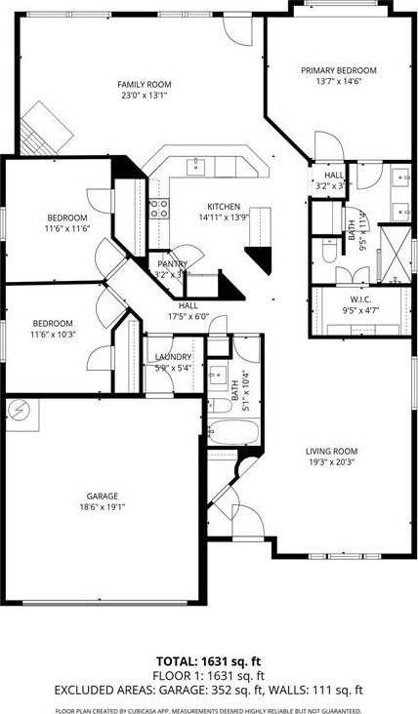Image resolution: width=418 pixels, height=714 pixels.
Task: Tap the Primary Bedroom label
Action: [338, 70]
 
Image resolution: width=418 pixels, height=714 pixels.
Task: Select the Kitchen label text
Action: [224, 206]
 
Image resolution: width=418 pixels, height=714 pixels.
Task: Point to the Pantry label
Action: [173, 264]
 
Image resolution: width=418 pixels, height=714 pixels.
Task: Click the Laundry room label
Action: [174, 357]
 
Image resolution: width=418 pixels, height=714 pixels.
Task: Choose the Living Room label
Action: [331, 452]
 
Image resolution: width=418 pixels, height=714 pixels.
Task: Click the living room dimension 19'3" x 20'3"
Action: [331, 462]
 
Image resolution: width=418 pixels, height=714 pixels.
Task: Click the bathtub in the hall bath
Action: [234, 432]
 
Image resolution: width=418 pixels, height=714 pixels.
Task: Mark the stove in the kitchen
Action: [158, 207]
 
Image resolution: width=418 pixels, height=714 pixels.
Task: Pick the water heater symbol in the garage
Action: [20, 411]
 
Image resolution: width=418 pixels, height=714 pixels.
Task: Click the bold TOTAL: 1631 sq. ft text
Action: [209, 660]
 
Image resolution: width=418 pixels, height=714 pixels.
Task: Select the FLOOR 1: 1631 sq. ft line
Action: [209, 674]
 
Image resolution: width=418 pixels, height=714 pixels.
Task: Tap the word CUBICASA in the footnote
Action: [155, 710]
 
